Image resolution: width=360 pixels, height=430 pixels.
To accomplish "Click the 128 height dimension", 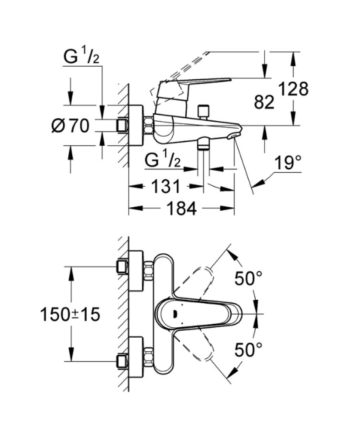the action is (x=293, y=89).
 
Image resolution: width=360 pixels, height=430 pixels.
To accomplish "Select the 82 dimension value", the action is (x=264, y=102).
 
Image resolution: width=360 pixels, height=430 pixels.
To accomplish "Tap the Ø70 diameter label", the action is (x=70, y=126).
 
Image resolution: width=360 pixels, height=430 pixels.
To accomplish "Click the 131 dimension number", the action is (x=166, y=186).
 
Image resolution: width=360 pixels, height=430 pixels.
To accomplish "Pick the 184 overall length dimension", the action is (x=182, y=209).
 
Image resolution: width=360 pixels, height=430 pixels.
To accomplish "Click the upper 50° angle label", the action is (x=248, y=278).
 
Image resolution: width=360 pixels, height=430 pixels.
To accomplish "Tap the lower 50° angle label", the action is (x=248, y=350).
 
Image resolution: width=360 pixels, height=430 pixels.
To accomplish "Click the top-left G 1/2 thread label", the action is (x=81, y=55).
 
